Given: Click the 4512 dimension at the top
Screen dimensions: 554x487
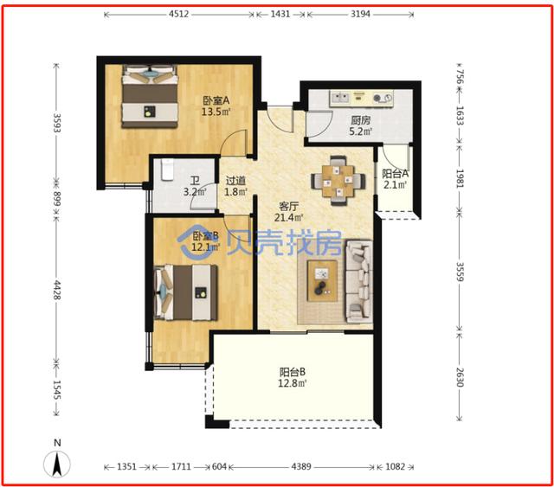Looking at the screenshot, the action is tap(179, 14).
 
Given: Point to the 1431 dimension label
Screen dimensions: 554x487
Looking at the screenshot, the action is tap(280, 14).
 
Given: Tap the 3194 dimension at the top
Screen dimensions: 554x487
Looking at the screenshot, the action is tap(360, 14).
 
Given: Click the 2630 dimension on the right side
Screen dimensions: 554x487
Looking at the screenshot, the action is tap(460, 377).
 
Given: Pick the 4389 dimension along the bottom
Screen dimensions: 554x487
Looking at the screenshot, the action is tap(301, 466).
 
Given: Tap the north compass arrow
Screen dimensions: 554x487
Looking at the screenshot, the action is tap(57, 464).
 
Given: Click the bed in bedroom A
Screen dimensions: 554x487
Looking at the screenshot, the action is tap(150, 96).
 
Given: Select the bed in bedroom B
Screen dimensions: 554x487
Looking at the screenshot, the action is tap(186, 292).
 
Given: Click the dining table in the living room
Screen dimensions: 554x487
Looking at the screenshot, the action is tap(338, 181).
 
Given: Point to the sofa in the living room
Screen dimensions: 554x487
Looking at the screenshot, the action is tap(359, 281).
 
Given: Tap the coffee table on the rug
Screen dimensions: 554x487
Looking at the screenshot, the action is tap(322, 281).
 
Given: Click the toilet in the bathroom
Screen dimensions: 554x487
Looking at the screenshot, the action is tap(167, 170).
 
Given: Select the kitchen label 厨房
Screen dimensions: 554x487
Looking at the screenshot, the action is tap(361, 120).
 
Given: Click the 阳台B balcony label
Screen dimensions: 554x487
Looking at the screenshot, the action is tap(293, 372).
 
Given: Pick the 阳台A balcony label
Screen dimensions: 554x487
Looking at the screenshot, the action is tap(395, 173).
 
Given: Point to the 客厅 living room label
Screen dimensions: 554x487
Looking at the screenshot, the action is tap(289, 206).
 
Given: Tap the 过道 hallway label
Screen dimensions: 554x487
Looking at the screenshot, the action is tap(235, 181).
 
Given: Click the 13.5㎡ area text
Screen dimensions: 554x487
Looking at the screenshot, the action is tap(216, 112).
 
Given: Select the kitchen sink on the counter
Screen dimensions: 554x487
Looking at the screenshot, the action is tap(339, 98).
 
